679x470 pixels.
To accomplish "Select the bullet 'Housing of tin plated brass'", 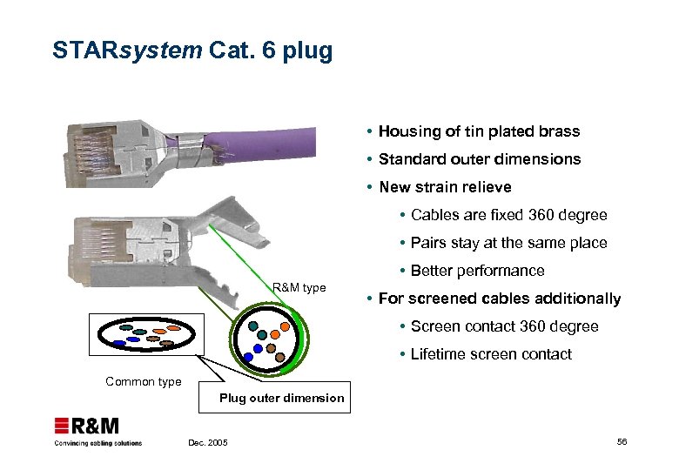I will [x=479, y=131].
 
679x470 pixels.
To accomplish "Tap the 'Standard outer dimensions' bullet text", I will [x=479, y=159].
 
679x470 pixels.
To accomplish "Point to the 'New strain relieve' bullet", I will [x=445, y=187].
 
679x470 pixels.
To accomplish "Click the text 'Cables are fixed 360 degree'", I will [x=508, y=215].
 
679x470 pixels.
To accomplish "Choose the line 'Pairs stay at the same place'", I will [x=508, y=243].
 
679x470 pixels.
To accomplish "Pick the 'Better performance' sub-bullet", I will [x=477, y=271].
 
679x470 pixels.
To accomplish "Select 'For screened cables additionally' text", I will [x=499, y=299].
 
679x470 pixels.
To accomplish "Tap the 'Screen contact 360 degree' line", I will [x=504, y=326].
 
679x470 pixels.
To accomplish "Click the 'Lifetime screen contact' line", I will [x=491, y=354].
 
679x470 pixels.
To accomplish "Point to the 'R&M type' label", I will [x=299, y=287].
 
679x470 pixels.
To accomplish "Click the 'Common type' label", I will [x=144, y=381].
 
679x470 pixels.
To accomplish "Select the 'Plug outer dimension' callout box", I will [x=281, y=398].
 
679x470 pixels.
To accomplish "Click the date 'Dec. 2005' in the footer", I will [x=208, y=443].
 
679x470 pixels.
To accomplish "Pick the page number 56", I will [x=622, y=442].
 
